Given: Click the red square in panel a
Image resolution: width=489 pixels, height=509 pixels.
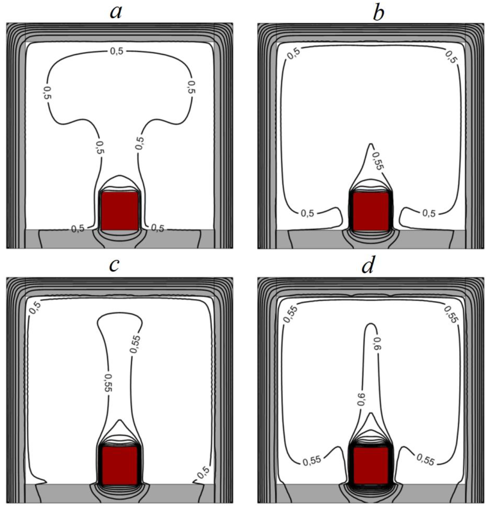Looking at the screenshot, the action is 120,211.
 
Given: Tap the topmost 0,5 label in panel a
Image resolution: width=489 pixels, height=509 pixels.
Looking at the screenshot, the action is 117,52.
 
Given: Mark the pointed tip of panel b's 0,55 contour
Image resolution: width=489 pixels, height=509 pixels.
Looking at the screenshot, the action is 371,144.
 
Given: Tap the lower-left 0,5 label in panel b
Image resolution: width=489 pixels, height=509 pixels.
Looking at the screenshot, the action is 307,213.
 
